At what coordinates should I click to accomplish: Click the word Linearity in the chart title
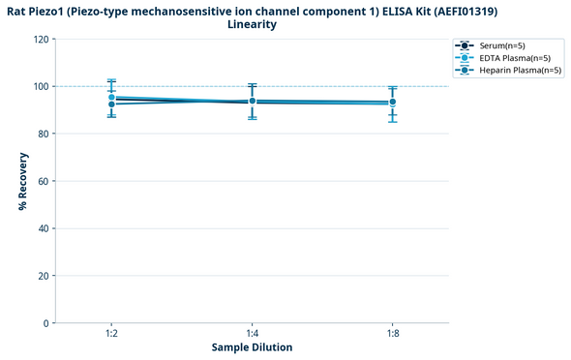[252, 24]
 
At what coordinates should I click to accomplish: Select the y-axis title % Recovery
[21, 181]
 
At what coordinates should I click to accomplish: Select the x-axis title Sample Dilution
[252, 347]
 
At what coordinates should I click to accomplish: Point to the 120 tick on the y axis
[40, 40]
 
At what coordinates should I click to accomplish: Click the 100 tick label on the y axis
[40, 87]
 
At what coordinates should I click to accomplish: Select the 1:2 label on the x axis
[112, 333]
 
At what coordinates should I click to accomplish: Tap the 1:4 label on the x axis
[253, 333]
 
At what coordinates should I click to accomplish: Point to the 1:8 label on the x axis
[392, 333]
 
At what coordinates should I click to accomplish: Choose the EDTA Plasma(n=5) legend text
[516, 58]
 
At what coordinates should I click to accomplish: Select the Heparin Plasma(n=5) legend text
[521, 71]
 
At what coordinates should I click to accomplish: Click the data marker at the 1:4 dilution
[253, 101]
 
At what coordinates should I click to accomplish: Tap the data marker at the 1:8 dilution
[392, 102]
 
